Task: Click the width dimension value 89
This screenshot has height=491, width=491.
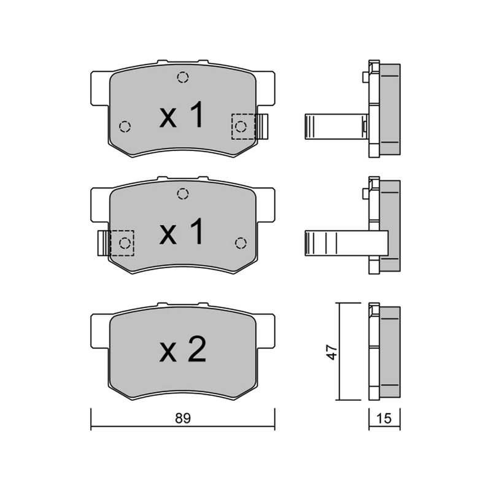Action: (183, 418)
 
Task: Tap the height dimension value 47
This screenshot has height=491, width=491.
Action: (332, 352)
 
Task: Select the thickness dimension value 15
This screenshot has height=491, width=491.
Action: (384, 418)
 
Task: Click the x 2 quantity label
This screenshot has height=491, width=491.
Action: (183, 349)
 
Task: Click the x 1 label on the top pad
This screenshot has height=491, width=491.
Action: (182, 115)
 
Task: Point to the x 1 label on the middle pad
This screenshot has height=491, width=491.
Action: (182, 231)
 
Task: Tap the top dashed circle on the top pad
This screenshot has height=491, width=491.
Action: (183, 77)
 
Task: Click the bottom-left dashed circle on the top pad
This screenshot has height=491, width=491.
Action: (125, 126)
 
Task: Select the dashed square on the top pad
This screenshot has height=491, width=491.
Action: (243, 126)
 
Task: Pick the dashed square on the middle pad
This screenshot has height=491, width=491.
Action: (122, 243)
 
